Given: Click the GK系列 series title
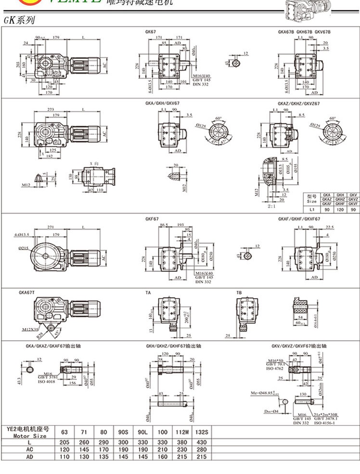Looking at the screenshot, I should [18, 21].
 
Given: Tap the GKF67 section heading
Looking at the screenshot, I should [152, 219].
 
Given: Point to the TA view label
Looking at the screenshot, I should [148, 292].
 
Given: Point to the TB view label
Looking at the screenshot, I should [239, 292].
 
